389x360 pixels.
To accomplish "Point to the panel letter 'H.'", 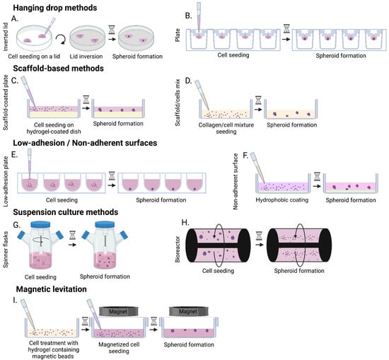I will [x=185, y=221].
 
